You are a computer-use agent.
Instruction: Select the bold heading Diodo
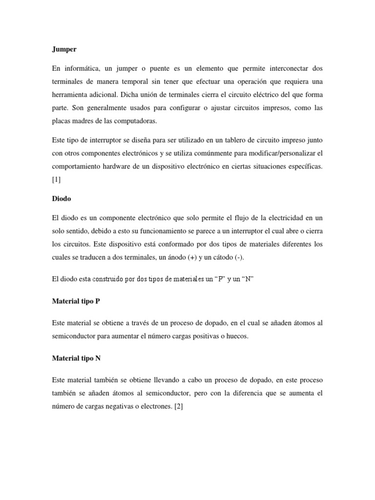(61, 200)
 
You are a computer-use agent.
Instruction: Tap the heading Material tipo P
(76, 301)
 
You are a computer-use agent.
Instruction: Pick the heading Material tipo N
(76, 358)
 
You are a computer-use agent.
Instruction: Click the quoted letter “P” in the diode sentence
(212, 279)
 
